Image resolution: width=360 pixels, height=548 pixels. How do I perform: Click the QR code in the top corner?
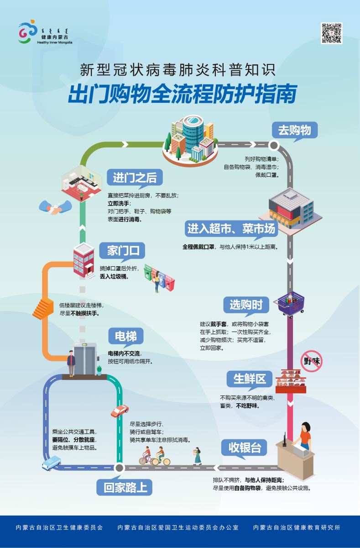pos(331,33)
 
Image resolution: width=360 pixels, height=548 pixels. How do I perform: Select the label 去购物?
pos(294,130)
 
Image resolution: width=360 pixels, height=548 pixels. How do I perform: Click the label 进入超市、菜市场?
pos(231,228)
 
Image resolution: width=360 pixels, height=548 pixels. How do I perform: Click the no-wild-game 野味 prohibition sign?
pos(313,360)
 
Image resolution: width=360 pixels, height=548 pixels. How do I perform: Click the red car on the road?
pos(120,411)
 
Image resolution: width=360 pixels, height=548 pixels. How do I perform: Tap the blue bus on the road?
pos(51,465)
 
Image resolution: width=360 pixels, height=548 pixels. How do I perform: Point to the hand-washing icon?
pos(54,208)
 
